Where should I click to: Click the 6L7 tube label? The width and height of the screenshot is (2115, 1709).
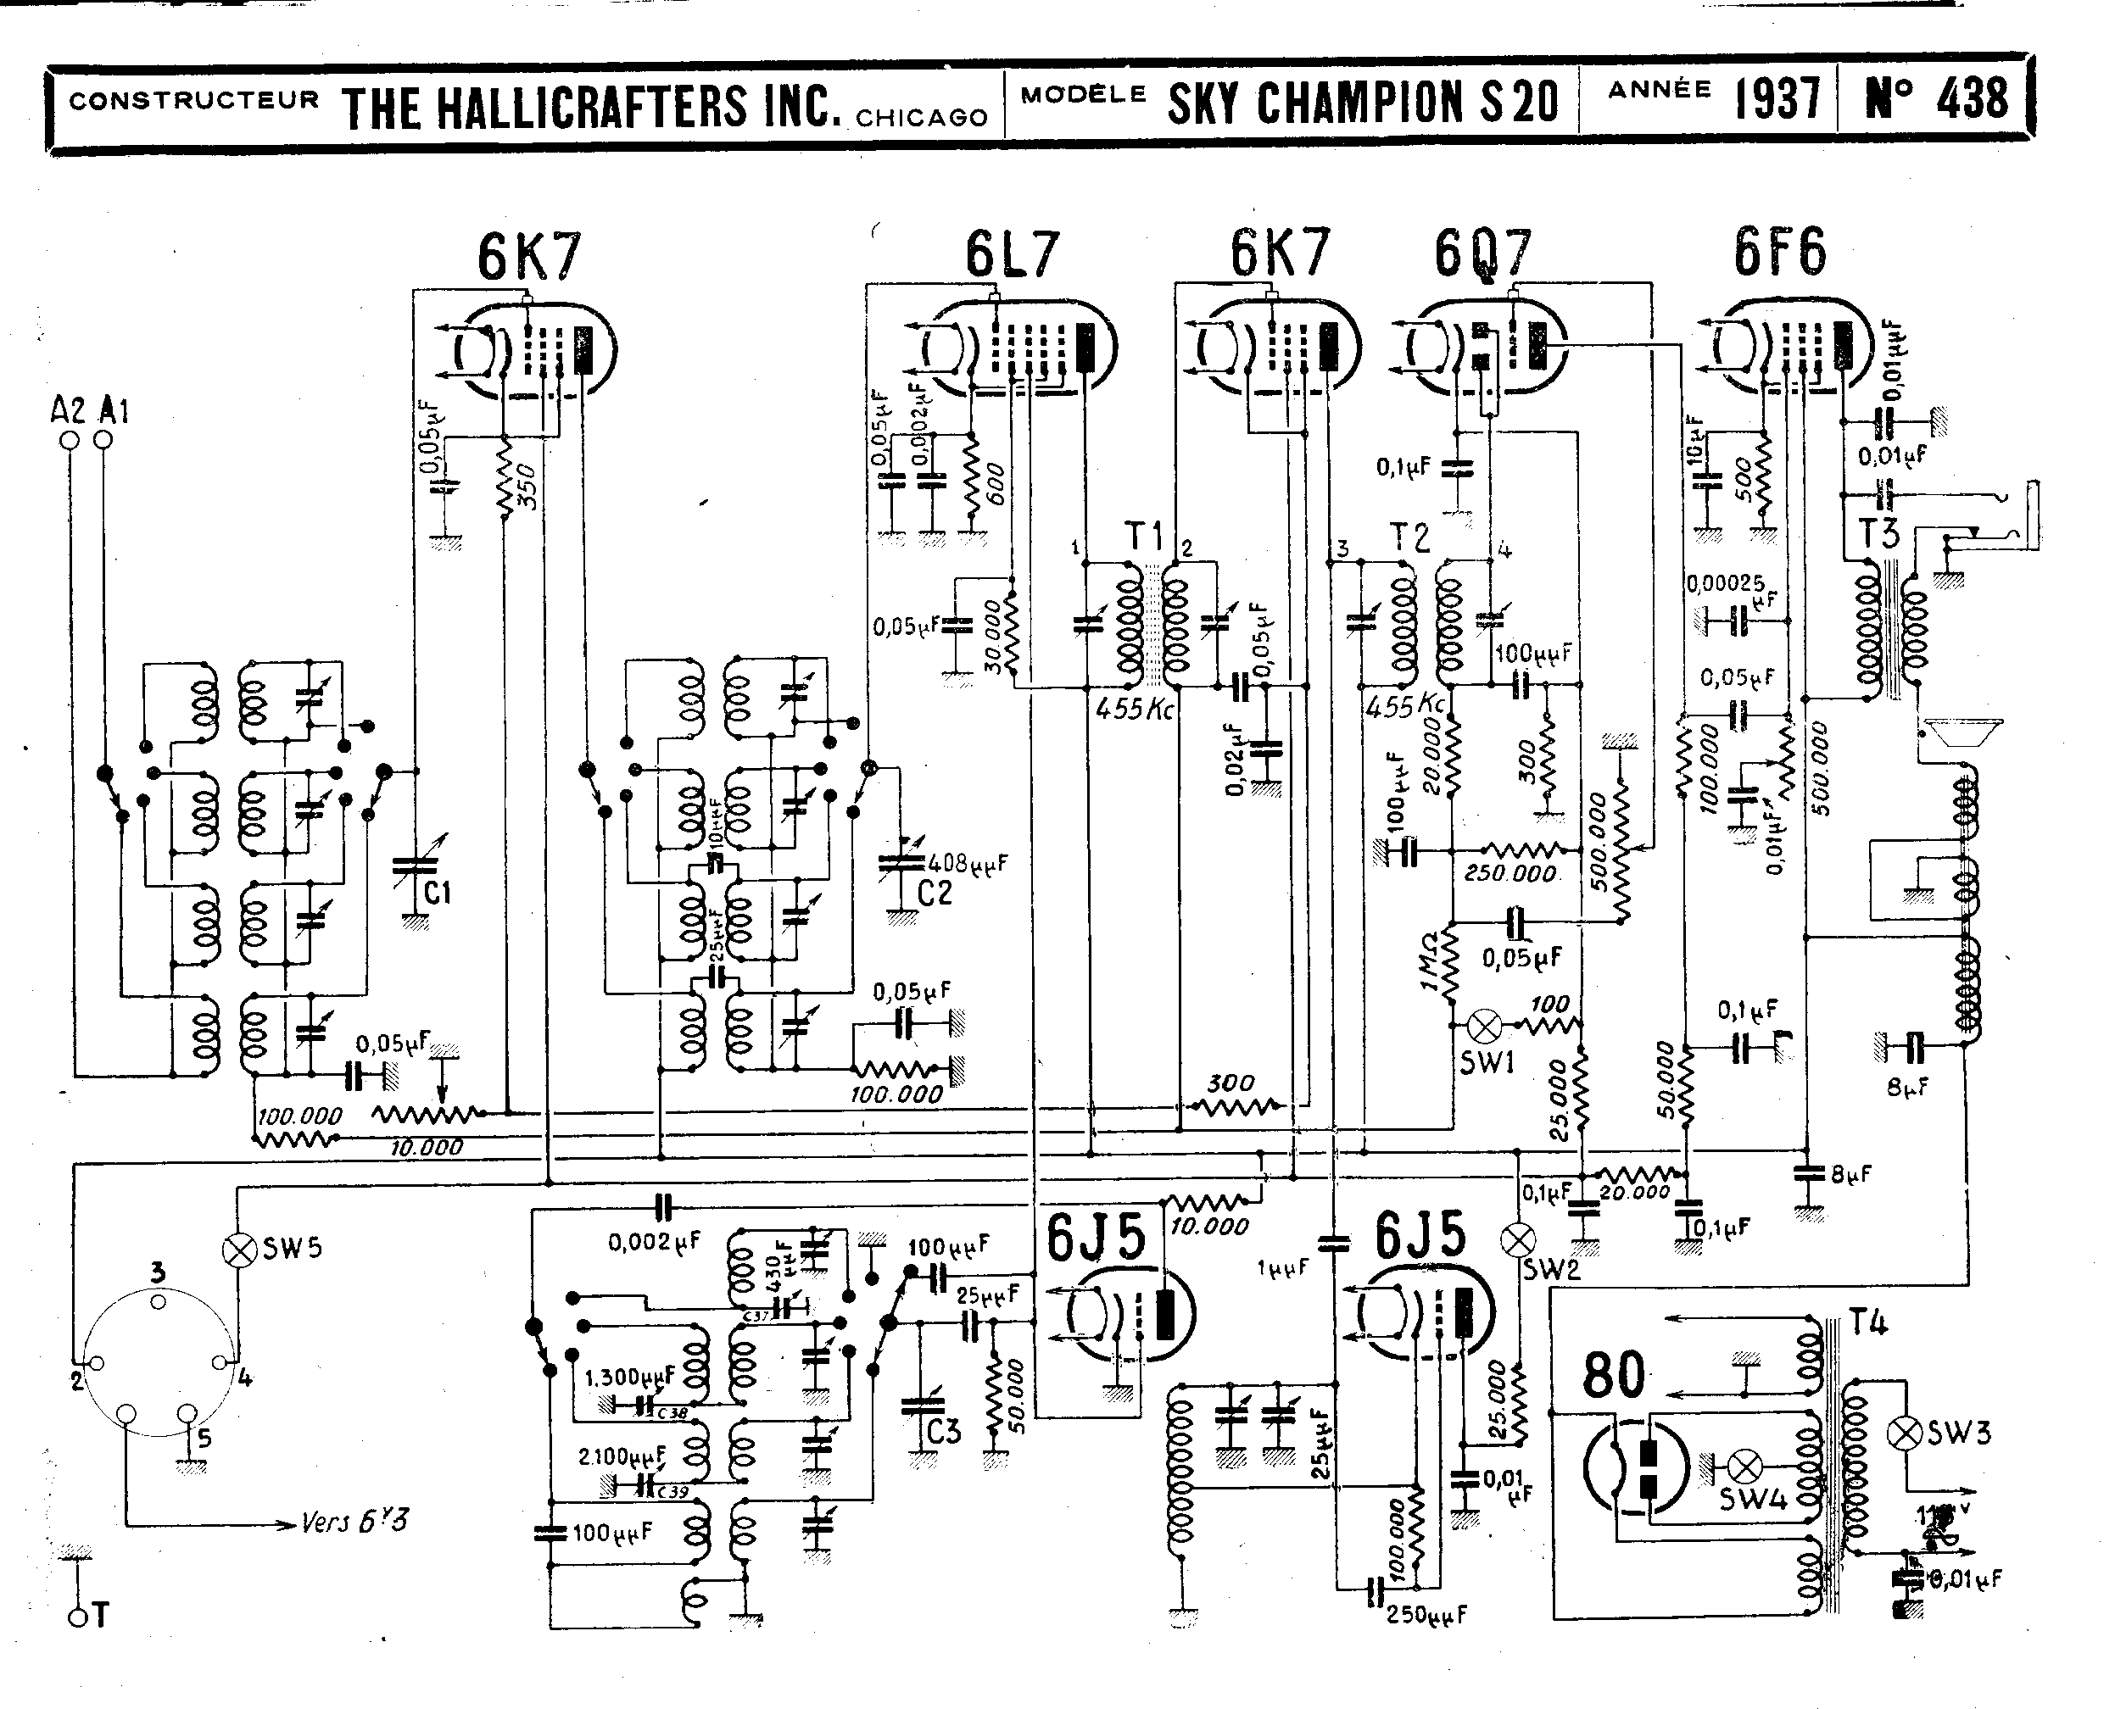click(x=1011, y=254)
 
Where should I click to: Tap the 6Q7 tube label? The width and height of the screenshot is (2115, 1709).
click(x=1482, y=254)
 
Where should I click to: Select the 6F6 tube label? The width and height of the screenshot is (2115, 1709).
click(x=1780, y=252)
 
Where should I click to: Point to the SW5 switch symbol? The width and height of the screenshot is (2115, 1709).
click(x=238, y=1250)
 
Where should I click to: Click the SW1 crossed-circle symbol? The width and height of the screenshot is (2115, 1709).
click(x=1485, y=1027)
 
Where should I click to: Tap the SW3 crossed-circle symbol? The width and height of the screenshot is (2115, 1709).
click(x=1905, y=1433)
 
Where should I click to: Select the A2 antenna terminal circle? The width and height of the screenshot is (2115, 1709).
click(x=70, y=440)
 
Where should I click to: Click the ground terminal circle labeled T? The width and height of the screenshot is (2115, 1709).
click(x=78, y=1617)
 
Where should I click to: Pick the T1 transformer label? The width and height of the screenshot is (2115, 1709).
click(x=1144, y=537)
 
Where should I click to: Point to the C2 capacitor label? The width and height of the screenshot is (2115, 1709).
click(x=935, y=893)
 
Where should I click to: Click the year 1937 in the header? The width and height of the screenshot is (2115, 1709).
click(x=1777, y=99)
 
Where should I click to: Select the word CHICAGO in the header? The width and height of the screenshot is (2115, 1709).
click(x=921, y=118)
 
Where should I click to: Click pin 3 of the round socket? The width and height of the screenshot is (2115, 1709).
click(x=159, y=1301)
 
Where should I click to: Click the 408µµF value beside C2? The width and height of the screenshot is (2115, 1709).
click(x=968, y=863)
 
